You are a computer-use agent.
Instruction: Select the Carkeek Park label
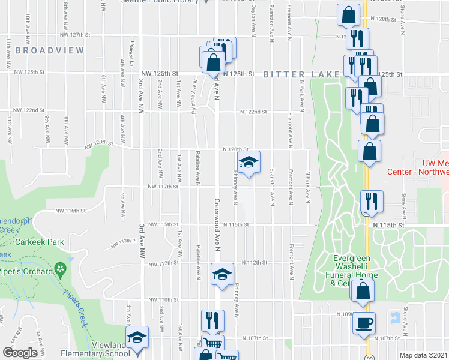tap(41, 242)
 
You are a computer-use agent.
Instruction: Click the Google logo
tap(20, 353)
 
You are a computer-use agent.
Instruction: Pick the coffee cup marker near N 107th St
tap(364, 323)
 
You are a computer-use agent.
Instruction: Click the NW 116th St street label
tap(67, 211)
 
